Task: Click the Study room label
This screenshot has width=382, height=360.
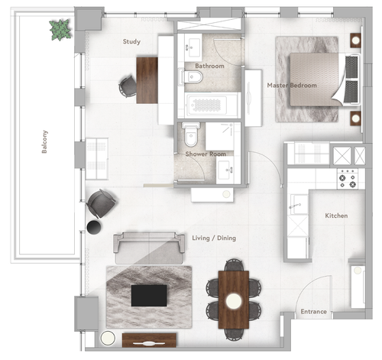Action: (131, 42)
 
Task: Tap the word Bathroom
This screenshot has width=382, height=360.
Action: (209, 66)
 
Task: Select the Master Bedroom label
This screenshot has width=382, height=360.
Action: (291, 85)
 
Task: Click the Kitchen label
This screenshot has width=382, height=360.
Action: (336, 216)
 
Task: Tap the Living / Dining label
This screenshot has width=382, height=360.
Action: (214, 238)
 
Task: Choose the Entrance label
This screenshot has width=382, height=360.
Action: (313, 311)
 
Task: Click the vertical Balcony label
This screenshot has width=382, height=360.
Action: (45, 141)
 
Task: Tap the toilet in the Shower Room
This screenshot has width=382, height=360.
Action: (191, 135)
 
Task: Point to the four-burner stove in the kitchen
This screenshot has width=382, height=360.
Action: (347, 178)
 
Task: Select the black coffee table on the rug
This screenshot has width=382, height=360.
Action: (149, 295)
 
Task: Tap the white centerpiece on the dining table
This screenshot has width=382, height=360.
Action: (233, 301)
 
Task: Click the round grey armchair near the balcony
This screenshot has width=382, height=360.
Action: (101, 203)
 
